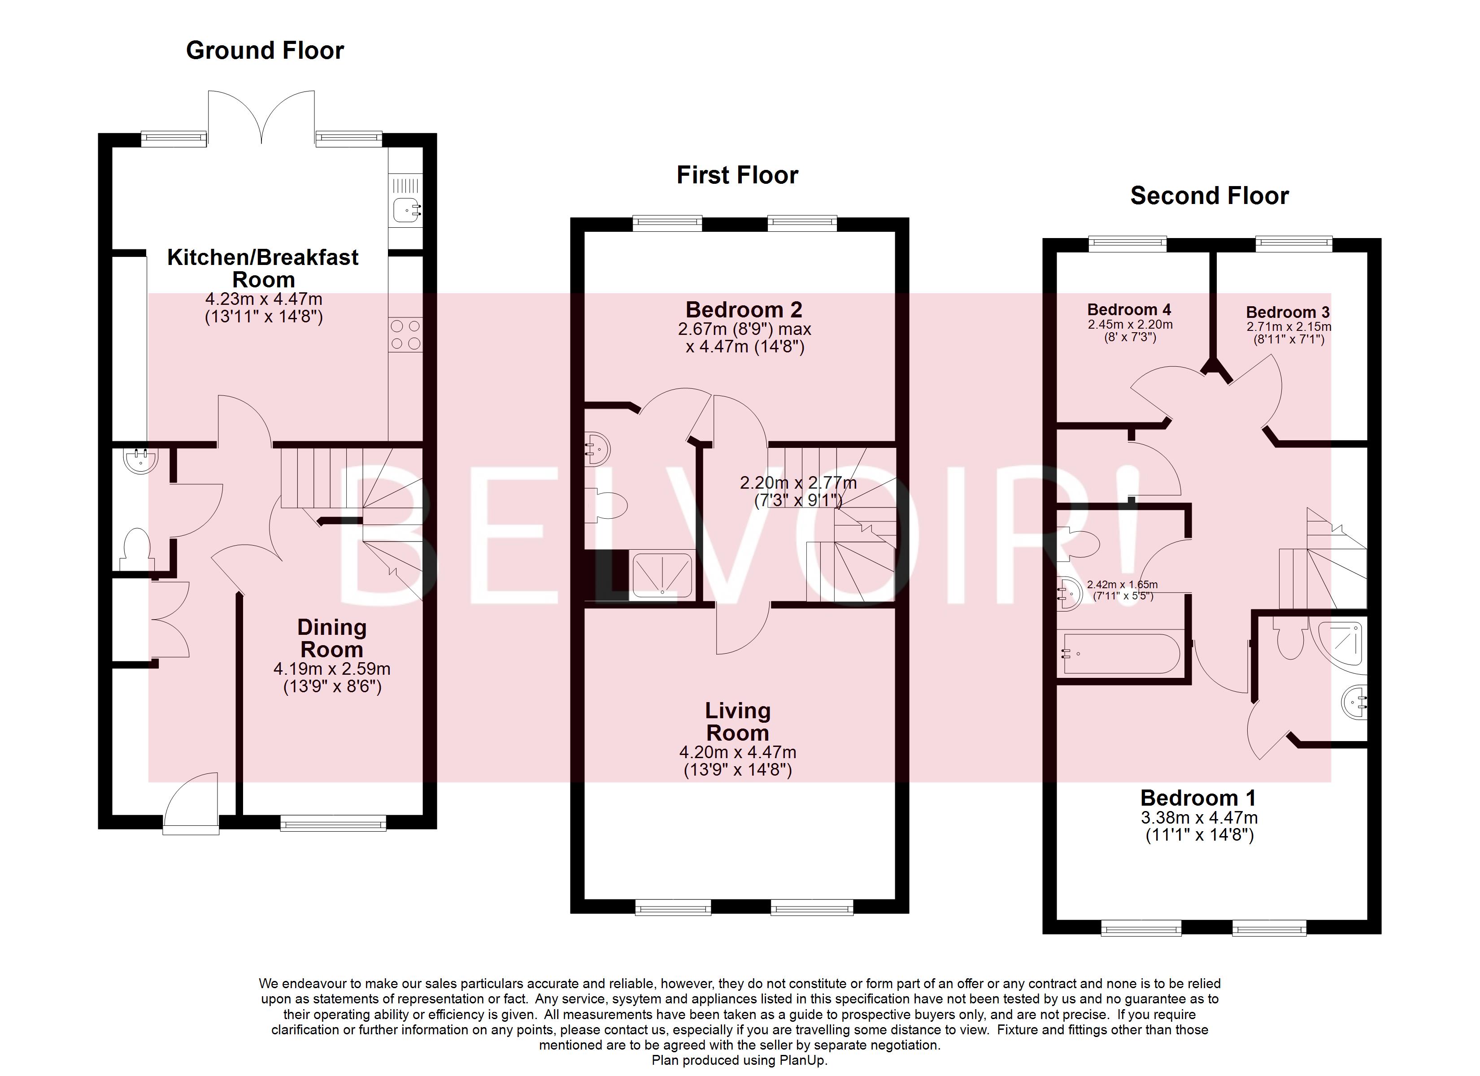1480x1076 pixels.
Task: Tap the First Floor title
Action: [737, 176]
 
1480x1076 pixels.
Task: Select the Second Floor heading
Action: [1209, 196]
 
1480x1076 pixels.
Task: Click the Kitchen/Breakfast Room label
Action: [262, 268]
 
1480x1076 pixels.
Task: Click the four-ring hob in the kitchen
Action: [405, 335]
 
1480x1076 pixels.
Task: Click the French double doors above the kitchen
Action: [261, 117]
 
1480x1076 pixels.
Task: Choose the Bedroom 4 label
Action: [1129, 309]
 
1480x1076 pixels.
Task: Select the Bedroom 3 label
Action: [1288, 312]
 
